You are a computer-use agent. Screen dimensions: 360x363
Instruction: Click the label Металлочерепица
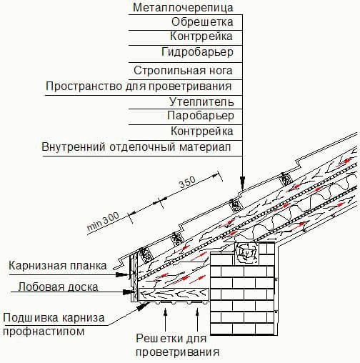click(183, 7)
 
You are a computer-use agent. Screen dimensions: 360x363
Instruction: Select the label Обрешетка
click(202, 22)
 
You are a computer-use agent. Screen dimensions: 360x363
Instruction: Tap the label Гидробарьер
click(197, 52)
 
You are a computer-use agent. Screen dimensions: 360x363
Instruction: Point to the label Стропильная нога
click(183, 71)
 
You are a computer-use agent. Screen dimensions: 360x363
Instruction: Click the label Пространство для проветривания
click(139, 86)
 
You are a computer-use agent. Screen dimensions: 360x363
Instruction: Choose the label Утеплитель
click(201, 101)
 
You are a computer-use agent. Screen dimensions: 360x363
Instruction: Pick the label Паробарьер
click(201, 116)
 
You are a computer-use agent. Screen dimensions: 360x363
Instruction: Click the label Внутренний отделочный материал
click(136, 146)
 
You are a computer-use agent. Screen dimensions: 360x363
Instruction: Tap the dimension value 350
click(187, 183)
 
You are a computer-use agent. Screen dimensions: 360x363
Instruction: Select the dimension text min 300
click(103, 222)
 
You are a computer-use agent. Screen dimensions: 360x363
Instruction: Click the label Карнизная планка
click(57, 266)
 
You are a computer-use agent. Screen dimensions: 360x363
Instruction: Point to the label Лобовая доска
click(58, 287)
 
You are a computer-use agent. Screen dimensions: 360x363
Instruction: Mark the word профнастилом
click(44, 331)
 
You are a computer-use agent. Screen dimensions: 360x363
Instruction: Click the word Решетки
click(157, 338)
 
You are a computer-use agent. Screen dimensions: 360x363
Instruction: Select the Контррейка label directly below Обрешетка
click(201, 36)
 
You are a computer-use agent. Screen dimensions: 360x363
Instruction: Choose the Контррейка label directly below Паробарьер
click(202, 131)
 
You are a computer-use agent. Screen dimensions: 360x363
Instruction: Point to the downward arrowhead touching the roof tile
click(242, 183)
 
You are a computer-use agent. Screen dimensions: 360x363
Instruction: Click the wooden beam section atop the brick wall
click(246, 254)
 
